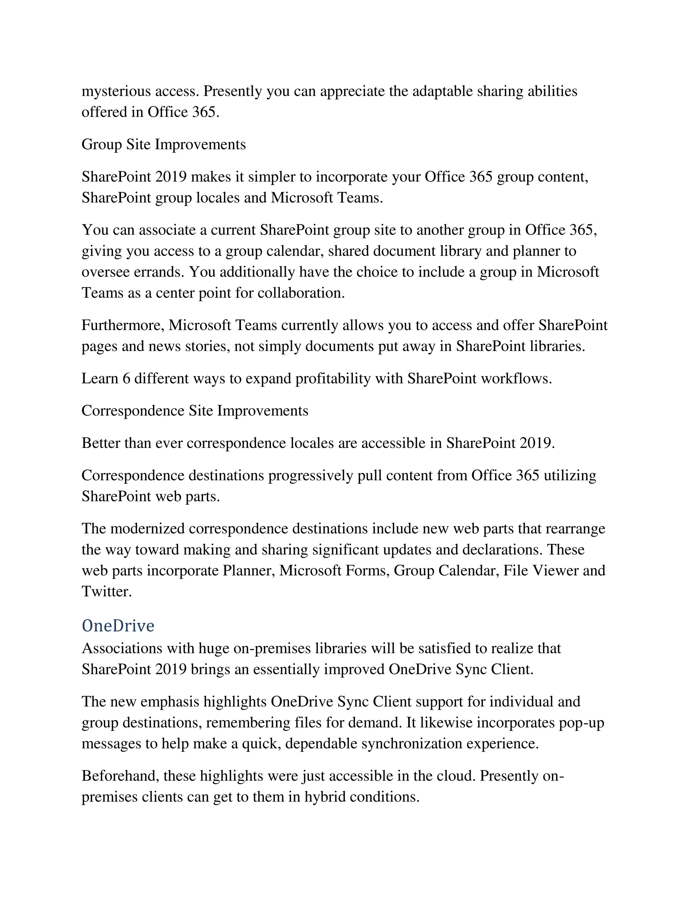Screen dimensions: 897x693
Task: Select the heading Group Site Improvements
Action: (x=163, y=144)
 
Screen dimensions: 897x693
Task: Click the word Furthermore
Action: (x=123, y=325)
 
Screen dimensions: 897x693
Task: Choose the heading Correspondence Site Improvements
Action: (x=195, y=411)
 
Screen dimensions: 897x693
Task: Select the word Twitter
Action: (x=106, y=592)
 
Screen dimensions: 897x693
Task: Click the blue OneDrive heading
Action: (x=118, y=626)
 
